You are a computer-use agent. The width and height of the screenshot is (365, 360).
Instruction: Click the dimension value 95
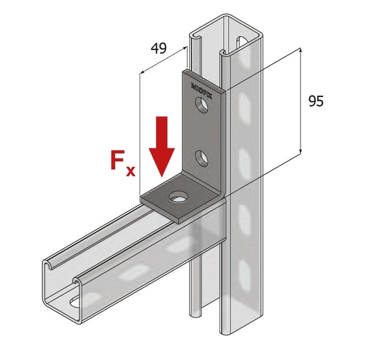tap(315, 101)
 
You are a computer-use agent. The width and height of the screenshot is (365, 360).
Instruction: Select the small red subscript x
tap(131, 171)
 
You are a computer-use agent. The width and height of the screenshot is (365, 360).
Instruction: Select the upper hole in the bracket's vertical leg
tap(202, 109)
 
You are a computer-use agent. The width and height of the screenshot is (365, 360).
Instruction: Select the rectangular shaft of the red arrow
tap(161, 130)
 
